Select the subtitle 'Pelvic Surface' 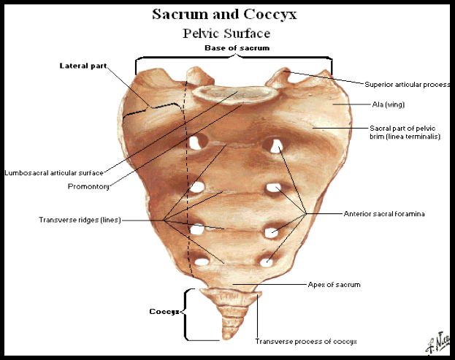(226, 33)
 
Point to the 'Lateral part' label (83, 66)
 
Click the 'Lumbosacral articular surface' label (53, 173)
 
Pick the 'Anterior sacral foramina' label (384, 214)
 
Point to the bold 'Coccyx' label (164, 311)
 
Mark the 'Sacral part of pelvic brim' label (404, 131)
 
